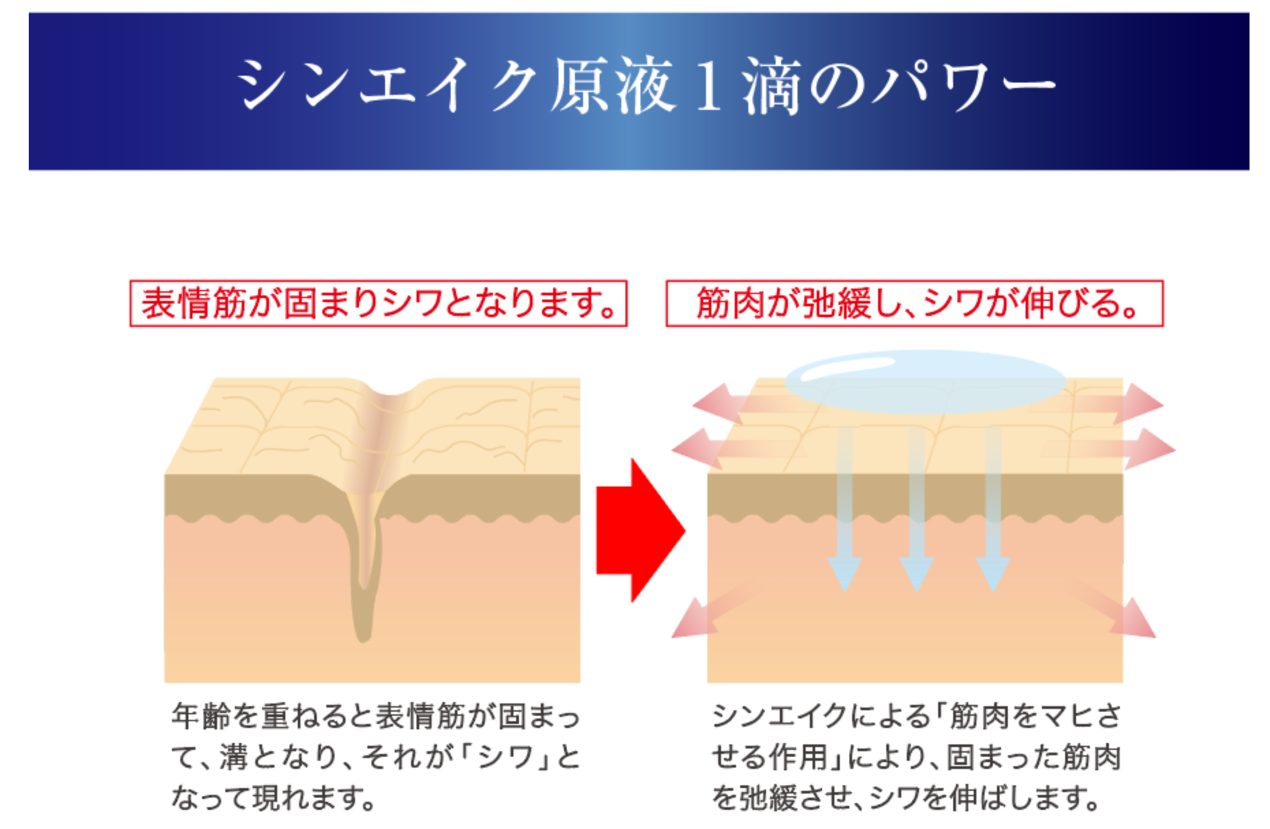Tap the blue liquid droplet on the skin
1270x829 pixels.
(x=925, y=381)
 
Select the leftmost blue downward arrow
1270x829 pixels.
(x=845, y=509)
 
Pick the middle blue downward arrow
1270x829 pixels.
(x=916, y=509)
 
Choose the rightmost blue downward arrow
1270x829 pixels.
(x=993, y=509)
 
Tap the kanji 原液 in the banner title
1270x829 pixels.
(x=612, y=85)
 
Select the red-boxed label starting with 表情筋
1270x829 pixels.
(x=378, y=303)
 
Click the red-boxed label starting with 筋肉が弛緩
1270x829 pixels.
(x=914, y=303)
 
